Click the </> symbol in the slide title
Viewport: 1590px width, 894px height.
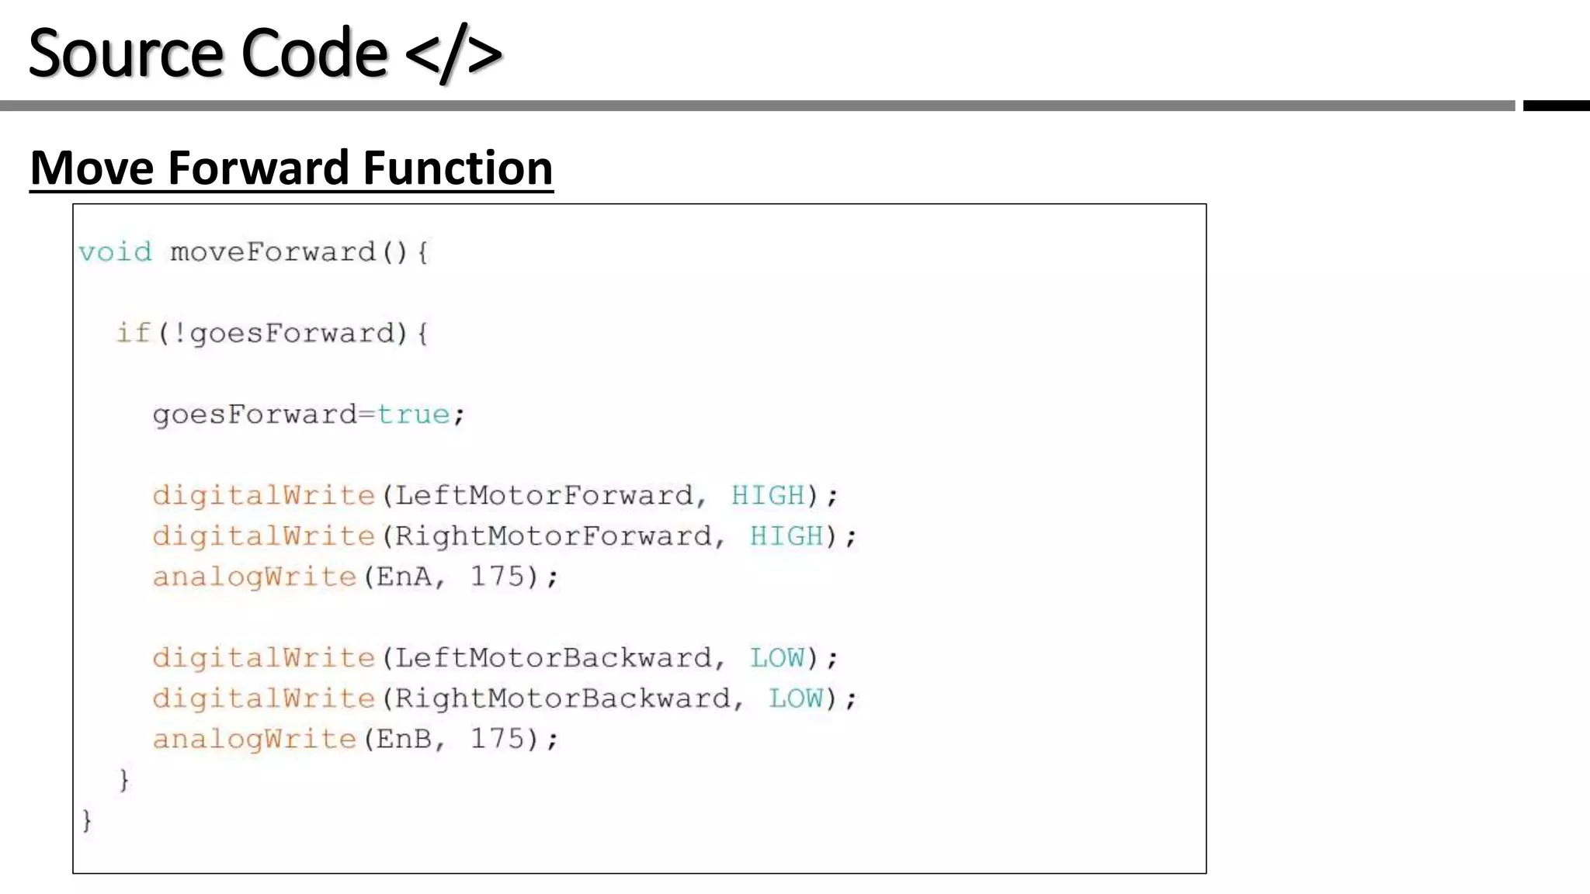[x=453, y=54]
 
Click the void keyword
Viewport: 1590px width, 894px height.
[x=115, y=252]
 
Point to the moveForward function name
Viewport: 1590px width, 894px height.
[x=273, y=252]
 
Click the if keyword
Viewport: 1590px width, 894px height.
[x=132, y=333]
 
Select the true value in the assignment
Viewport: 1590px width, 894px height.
[x=413, y=414]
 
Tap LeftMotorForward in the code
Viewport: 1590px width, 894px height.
[x=543, y=495]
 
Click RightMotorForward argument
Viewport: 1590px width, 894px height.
[x=554, y=536]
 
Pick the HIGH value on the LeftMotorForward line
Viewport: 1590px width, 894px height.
[x=768, y=495]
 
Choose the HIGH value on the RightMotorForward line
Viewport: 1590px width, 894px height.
[x=786, y=536]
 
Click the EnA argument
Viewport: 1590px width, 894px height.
[x=404, y=577]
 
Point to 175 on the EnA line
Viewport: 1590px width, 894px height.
[x=498, y=577]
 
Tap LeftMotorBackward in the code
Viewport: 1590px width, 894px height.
[x=554, y=658]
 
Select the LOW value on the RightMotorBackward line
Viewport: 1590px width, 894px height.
[x=796, y=698]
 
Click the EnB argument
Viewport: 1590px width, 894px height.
[x=404, y=739]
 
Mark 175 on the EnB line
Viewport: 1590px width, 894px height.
[x=498, y=739]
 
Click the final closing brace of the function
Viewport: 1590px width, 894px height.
[x=87, y=820]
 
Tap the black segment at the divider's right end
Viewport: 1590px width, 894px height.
[x=1556, y=106]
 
